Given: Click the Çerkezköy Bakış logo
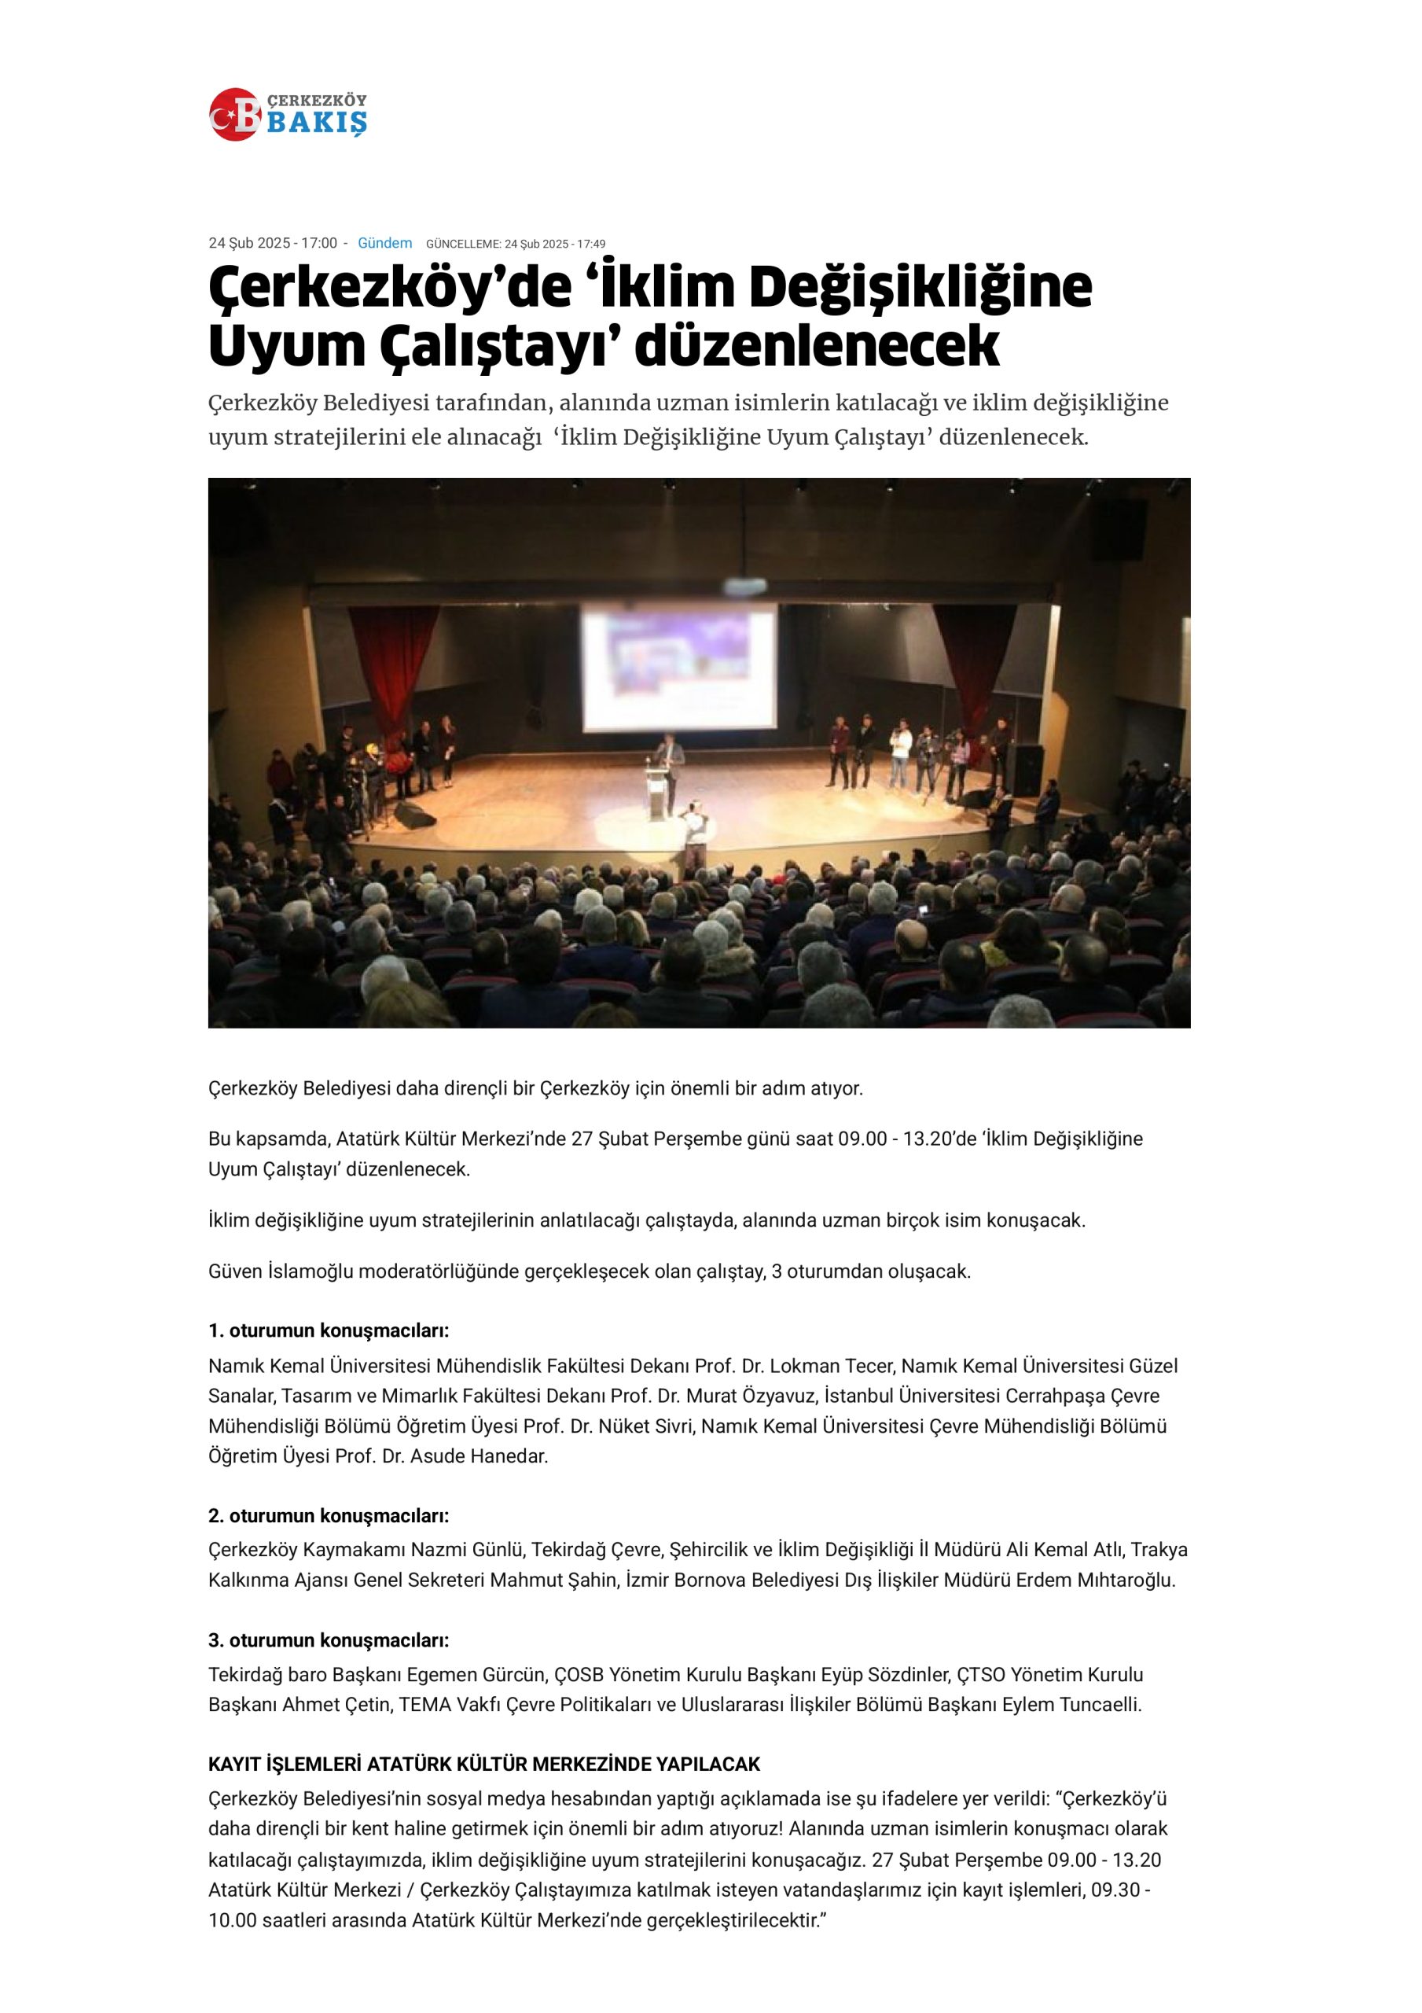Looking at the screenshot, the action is click(288, 114).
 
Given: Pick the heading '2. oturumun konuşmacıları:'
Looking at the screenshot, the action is click(329, 1516).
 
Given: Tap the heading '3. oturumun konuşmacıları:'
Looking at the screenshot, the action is click(329, 1640).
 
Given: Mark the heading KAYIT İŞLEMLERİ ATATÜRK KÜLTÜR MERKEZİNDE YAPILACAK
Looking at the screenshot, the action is click(484, 1765).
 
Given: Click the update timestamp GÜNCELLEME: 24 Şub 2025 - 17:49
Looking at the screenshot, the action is click(516, 244).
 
